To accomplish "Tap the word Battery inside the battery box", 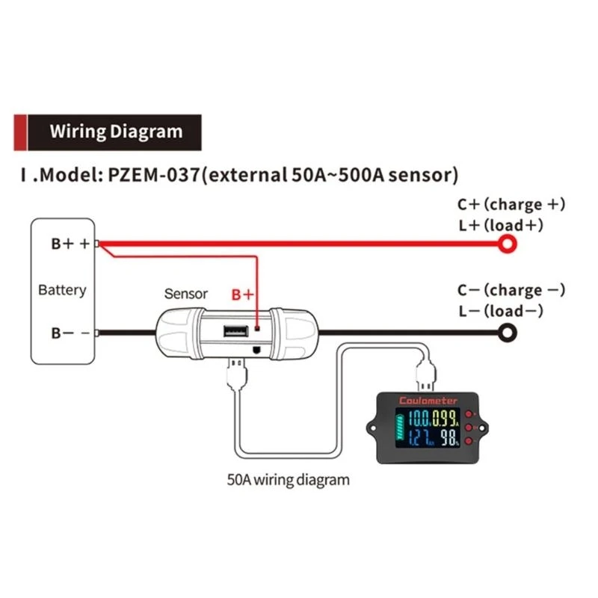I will point(62,290).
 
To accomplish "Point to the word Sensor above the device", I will point(185,294).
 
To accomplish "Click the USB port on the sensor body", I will point(229,329).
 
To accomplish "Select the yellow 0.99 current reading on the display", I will point(447,419).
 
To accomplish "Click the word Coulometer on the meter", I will point(428,401).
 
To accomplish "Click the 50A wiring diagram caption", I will point(288,479).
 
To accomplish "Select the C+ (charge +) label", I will point(511,204).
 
